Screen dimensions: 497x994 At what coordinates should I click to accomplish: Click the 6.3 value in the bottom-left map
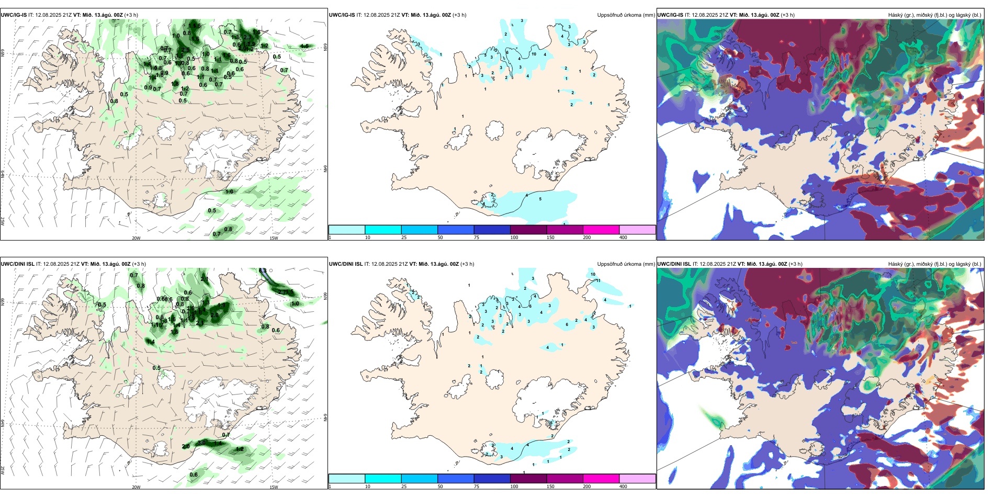tap(263, 270)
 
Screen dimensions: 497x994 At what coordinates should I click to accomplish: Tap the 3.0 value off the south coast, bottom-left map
tap(201, 443)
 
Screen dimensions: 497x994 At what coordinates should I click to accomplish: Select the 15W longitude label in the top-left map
tap(273, 238)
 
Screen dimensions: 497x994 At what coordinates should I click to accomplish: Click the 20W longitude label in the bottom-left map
tap(136, 487)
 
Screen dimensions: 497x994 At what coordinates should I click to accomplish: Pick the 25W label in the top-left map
tap(3, 221)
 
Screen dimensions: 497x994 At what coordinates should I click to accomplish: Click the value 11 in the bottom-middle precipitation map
tap(598, 281)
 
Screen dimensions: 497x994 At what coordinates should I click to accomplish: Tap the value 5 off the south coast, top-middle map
tap(540, 199)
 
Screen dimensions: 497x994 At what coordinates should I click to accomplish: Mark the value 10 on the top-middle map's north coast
tap(534, 54)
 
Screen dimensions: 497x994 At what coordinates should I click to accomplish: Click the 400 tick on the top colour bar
tap(623, 238)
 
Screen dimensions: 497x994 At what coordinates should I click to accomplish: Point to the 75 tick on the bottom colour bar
tap(477, 487)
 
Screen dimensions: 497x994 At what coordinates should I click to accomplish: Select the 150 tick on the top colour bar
tap(550, 238)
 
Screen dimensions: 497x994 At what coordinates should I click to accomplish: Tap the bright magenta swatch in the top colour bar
tap(601, 230)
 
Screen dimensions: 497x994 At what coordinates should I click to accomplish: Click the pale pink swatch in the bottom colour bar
tap(637, 479)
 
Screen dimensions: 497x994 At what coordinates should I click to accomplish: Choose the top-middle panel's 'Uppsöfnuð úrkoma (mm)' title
tap(626, 15)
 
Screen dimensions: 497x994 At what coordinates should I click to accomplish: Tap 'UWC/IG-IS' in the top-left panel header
tap(14, 15)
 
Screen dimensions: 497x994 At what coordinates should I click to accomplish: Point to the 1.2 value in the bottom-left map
tap(239, 449)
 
